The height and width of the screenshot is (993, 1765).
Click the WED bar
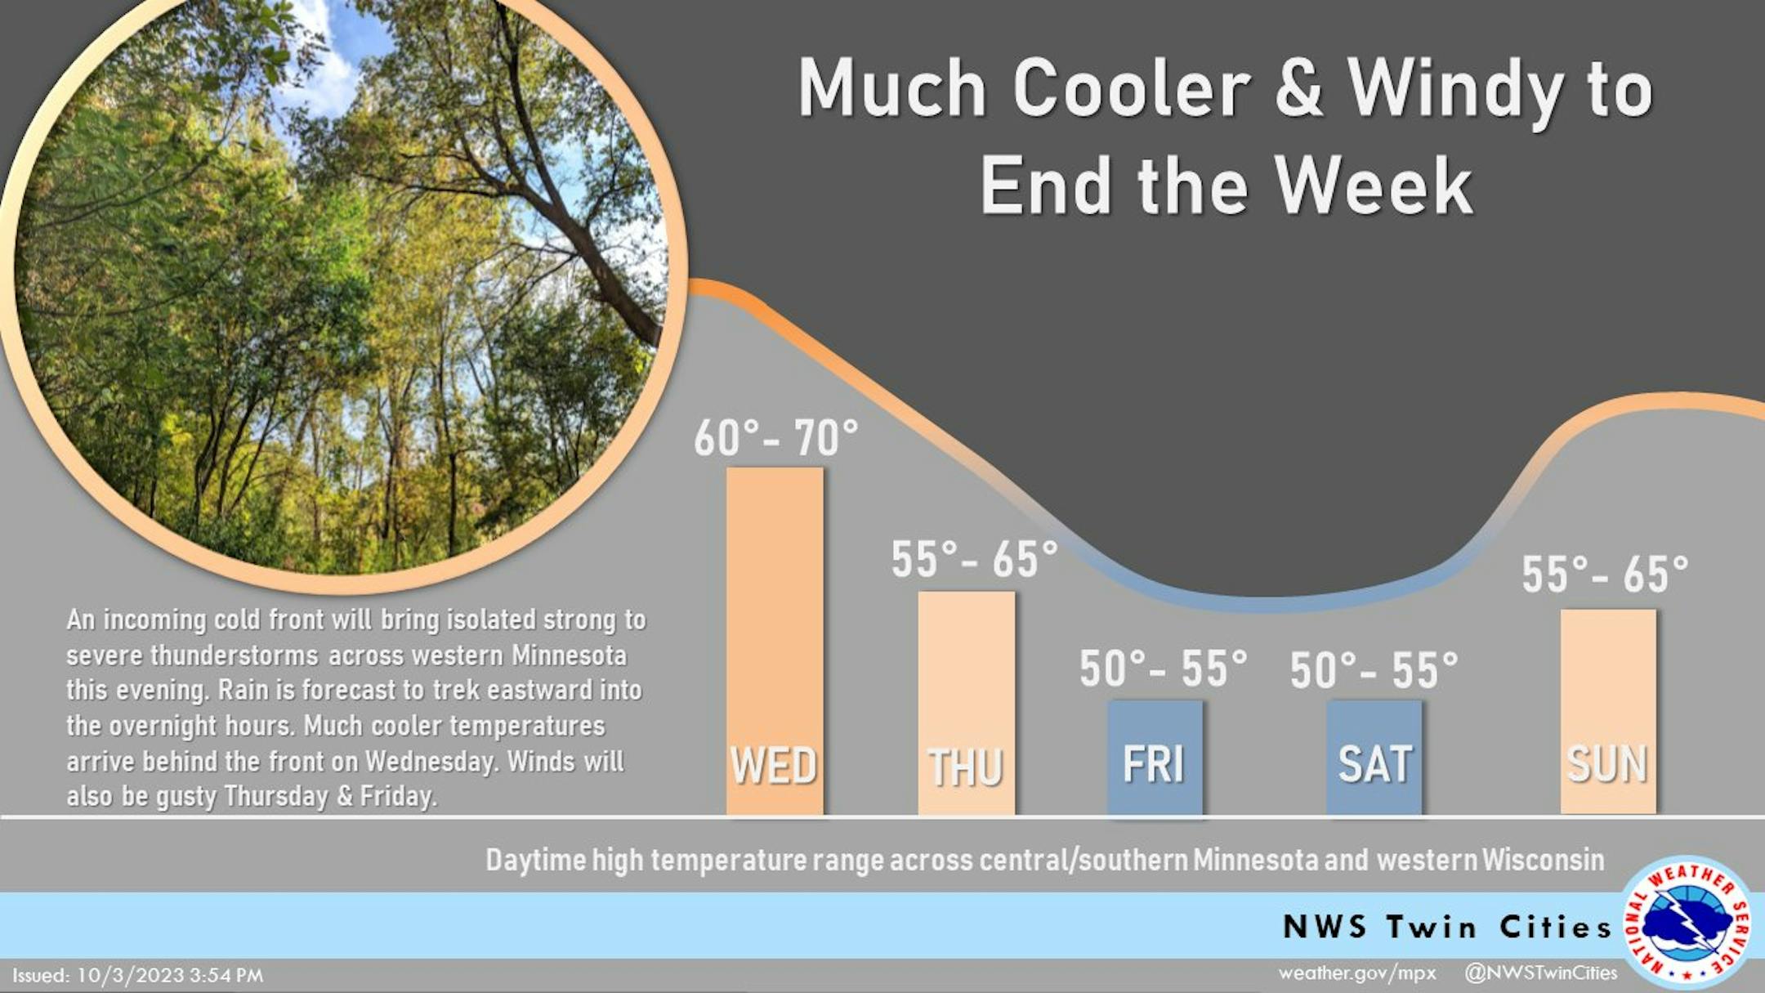click(x=775, y=641)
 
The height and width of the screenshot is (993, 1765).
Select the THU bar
click(x=967, y=703)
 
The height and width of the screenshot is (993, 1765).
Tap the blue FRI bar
click(x=1155, y=758)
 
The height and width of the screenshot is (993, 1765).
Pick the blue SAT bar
click(x=1374, y=758)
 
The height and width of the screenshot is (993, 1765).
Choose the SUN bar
click(x=1608, y=712)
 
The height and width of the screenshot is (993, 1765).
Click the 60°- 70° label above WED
click(x=776, y=438)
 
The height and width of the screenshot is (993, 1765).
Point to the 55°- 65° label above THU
click(x=974, y=560)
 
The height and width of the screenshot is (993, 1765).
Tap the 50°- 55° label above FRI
click(x=1164, y=669)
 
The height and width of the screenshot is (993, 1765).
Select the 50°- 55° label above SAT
click(x=1374, y=670)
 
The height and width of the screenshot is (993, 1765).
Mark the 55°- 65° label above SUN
click(x=1605, y=574)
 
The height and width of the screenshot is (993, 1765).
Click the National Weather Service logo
click(x=1688, y=923)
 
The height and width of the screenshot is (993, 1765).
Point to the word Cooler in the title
click(x=1133, y=87)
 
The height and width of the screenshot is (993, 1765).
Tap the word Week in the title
click(x=1374, y=186)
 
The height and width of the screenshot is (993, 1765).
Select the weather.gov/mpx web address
click(x=1357, y=973)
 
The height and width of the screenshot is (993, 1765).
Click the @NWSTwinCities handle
click(x=1540, y=973)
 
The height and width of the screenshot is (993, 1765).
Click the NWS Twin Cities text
click(x=1447, y=927)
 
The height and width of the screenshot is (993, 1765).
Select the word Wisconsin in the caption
click(x=1543, y=860)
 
